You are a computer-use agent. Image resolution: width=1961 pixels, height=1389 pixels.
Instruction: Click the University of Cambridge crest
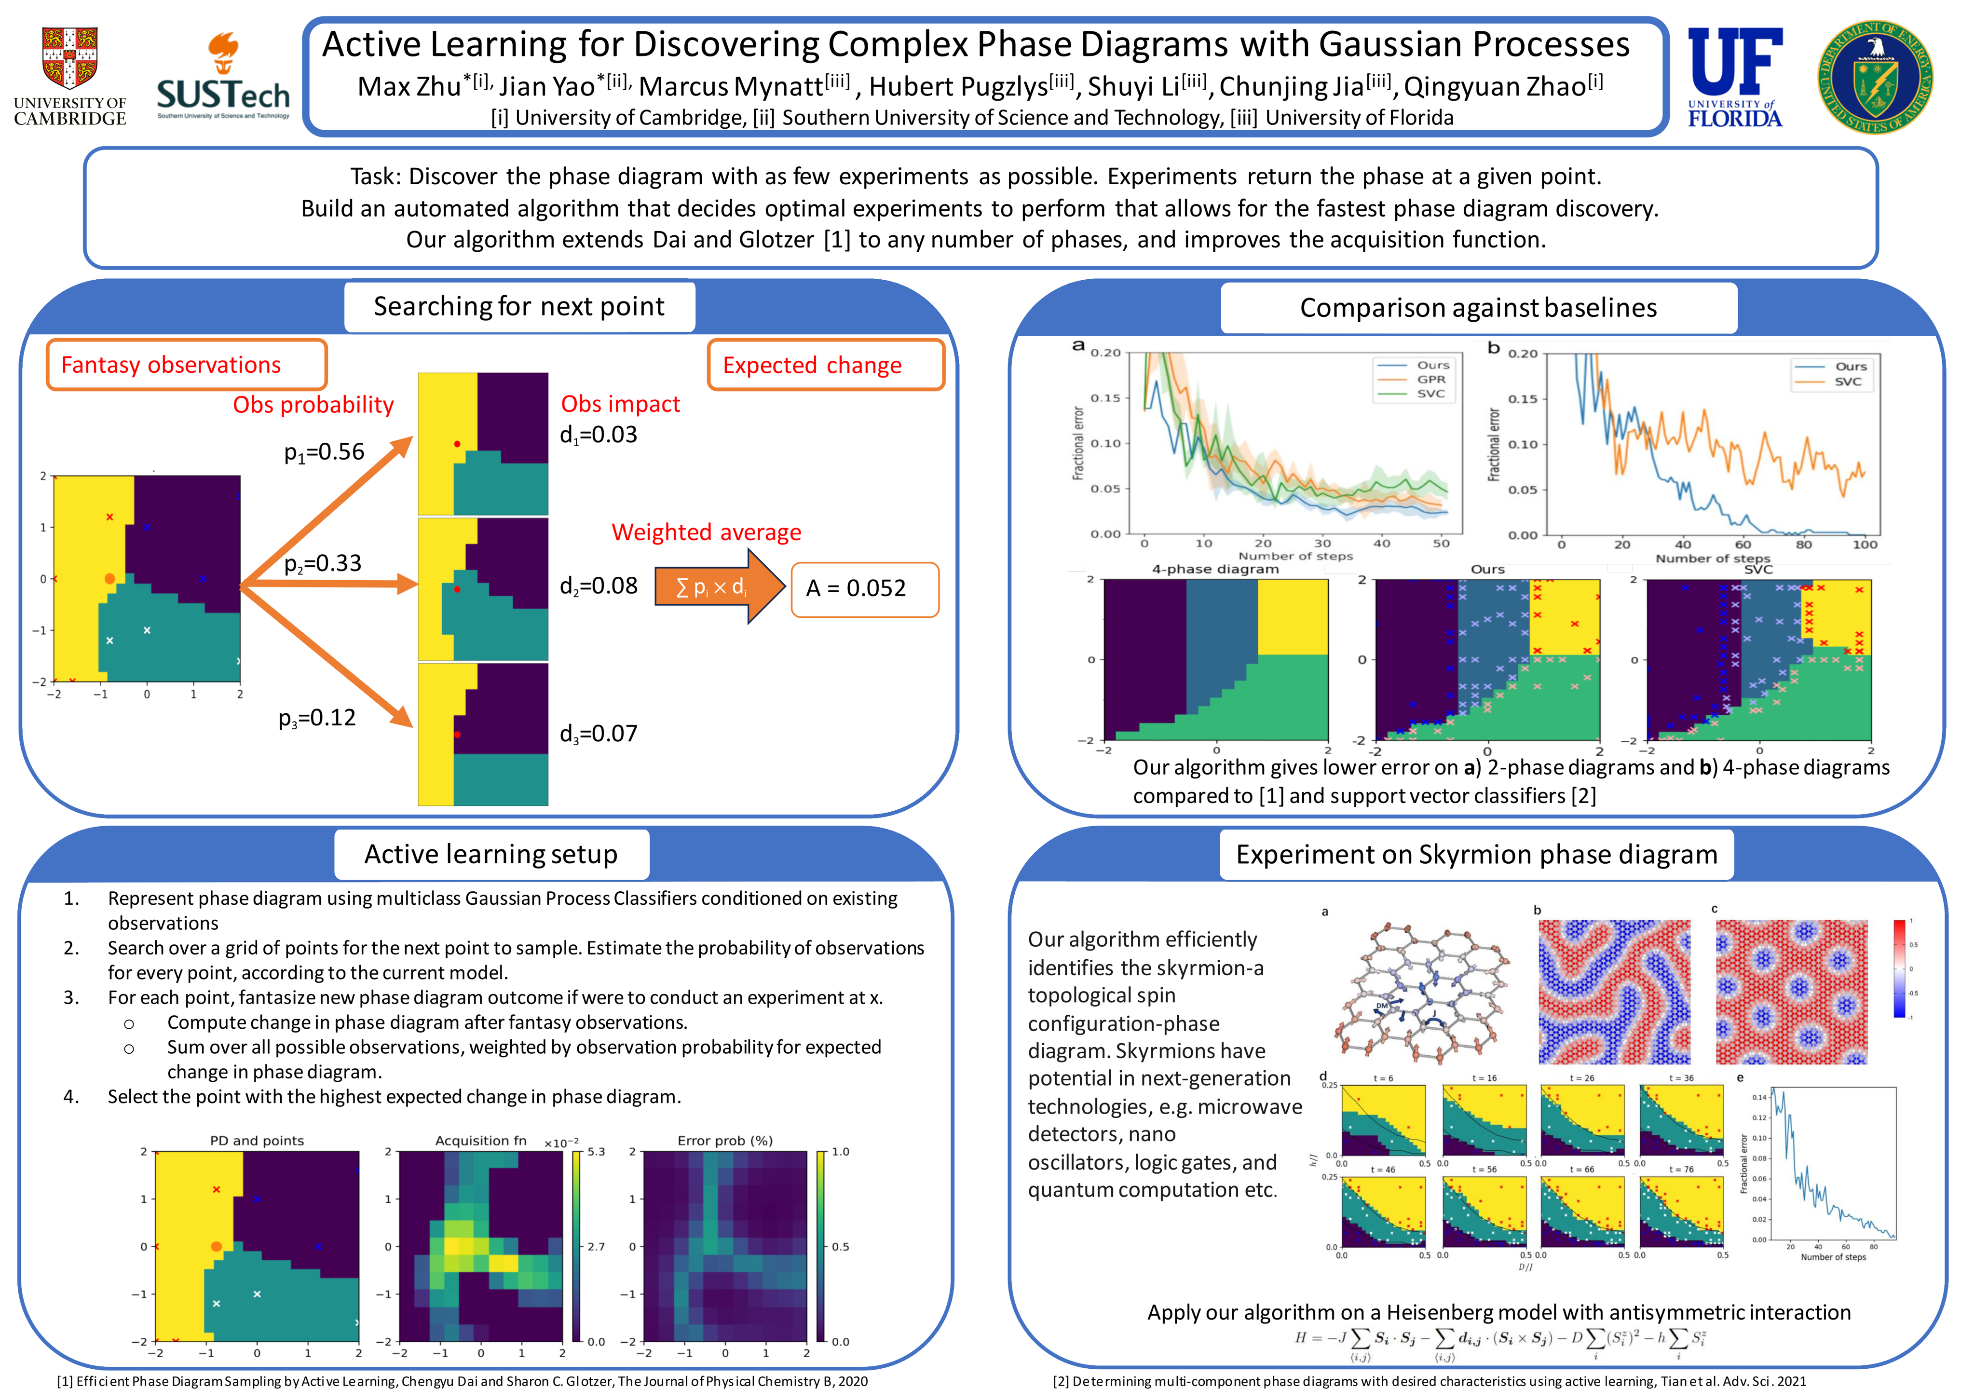[69, 58]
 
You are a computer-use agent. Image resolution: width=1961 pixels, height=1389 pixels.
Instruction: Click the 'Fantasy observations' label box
[187, 365]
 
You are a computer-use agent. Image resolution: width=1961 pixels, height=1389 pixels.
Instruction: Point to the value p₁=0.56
[324, 451]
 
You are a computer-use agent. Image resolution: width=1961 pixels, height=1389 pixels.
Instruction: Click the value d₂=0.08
[599, 586]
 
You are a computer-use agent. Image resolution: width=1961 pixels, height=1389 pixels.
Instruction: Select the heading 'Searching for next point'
[519, 306]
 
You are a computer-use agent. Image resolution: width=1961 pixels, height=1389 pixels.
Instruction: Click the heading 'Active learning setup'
[491, 854]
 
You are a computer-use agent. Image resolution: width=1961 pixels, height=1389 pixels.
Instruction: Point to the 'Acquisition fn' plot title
[481, 1140]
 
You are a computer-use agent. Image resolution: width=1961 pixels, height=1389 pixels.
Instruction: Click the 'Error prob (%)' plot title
[724, 1140]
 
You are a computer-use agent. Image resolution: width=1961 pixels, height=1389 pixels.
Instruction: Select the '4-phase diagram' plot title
[1215, 569]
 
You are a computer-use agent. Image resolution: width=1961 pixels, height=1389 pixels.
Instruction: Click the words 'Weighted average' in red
[707, 532]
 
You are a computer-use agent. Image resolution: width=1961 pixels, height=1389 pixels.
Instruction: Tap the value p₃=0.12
[317, 718]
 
